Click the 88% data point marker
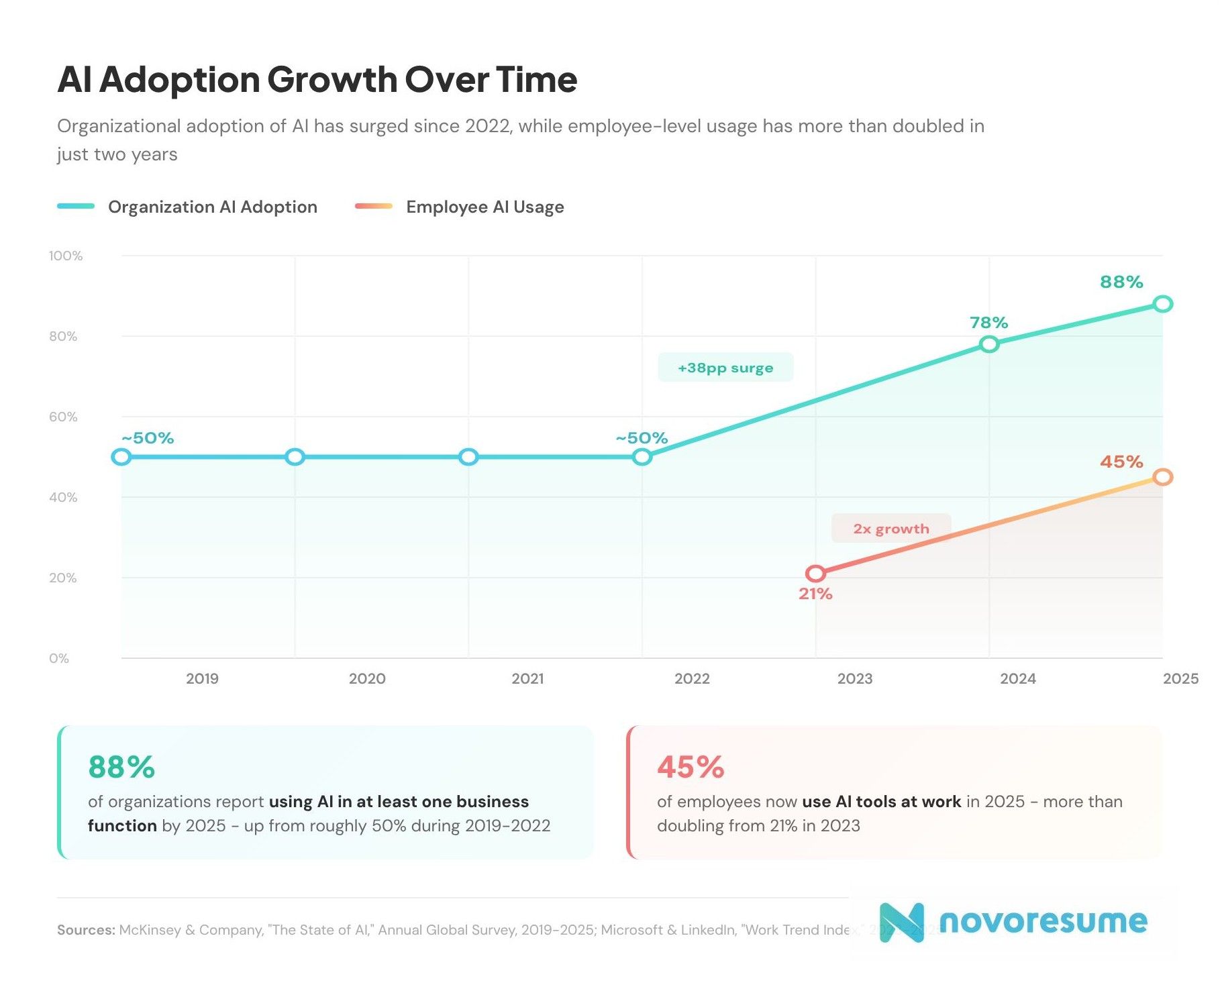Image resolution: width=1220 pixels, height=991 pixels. pos(1162,304)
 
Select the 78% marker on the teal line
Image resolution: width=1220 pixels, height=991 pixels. pos(988,344)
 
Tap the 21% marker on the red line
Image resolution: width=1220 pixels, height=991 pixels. pos(815,574)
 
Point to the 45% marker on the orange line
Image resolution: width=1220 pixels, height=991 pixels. pos(1162,477)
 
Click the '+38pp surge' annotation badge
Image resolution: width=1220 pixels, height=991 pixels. pos(725,368)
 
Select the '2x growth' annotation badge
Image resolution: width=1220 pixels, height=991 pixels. pos(891,529)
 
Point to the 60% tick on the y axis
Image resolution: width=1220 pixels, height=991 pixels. pos(63,417)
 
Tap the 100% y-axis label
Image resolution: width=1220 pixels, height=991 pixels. pos(66,256)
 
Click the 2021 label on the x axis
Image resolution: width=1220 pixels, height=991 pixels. pos(527,678)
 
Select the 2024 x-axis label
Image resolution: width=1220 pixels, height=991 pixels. pos(1017,678)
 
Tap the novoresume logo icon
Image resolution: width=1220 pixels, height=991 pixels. pos(901,922)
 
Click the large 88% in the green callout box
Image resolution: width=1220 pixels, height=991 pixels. pos(121,767)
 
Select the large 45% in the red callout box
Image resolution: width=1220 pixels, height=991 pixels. pos(691,767)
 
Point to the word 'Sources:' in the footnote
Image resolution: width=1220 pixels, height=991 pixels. pos(86,930)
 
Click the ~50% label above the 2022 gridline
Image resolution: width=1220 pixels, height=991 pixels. pos(642,438)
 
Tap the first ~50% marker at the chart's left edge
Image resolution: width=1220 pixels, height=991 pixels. pos(121,457)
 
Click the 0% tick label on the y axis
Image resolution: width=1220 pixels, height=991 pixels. pos(59,658)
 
